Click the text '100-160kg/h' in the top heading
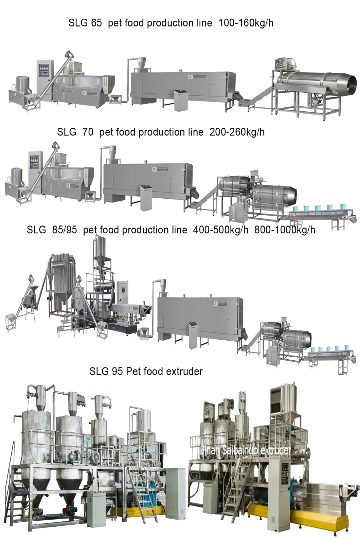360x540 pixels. coord(246,23)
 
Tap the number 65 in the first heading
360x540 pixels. coord(96,23)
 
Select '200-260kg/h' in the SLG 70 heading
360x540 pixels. coord(237,132)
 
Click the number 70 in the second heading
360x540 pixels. coord(88,132)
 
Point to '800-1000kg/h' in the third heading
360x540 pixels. coord(285,230)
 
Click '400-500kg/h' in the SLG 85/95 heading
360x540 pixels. coord(220,230)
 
